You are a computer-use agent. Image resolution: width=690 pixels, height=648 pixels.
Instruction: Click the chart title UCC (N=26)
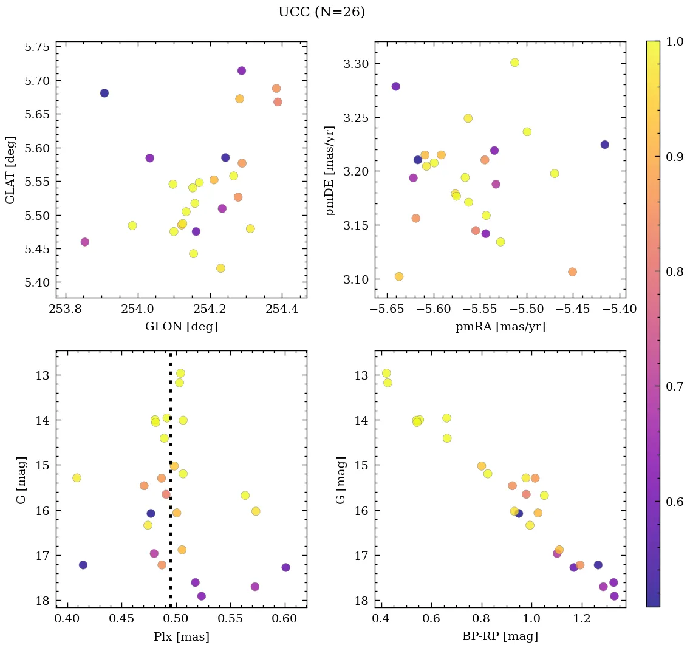(321, 12)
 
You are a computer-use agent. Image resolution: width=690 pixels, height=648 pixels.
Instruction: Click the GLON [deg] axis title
(181, 327)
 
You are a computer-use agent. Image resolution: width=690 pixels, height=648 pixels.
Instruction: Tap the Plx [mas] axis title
(181, 636)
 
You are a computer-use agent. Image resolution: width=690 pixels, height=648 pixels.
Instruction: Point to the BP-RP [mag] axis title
(500, 636)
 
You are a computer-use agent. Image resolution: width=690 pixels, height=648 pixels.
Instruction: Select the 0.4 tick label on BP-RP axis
(381, 619)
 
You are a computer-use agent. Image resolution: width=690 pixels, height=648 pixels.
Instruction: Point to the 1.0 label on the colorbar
(674, 41)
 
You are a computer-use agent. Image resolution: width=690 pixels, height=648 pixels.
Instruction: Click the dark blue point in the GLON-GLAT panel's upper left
(104, 93)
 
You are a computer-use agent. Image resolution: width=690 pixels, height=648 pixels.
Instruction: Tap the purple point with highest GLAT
(242, 70)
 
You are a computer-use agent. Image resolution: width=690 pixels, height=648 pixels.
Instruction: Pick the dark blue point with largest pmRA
(605, 145)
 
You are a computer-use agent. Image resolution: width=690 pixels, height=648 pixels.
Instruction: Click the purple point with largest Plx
(286, 567)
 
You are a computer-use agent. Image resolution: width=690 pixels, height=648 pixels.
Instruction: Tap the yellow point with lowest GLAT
(220, 268)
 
